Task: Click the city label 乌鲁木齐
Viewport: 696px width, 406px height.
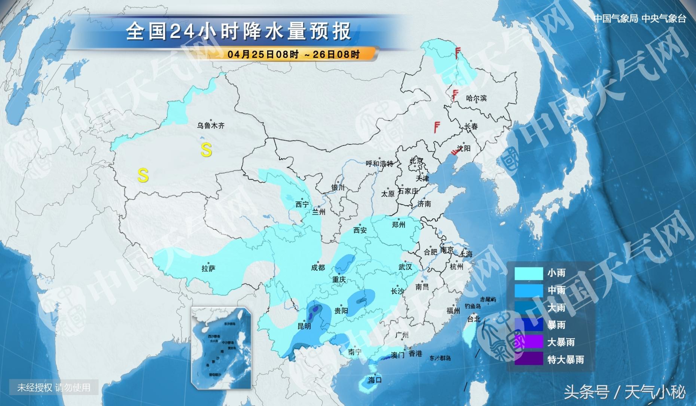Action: tap(211, 126)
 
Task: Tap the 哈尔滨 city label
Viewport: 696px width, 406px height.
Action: tap(476, 98)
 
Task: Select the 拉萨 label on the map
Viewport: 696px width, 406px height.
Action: tap(208, 268)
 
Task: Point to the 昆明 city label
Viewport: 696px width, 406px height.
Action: tap(304, 326)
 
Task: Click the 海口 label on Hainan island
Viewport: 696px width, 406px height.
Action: tap(374, 380)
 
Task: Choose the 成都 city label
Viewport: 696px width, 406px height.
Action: tap(318, 268)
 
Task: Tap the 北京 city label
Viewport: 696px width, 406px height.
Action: tap(416, 161)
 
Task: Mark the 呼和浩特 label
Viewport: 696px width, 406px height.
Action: tap(379, 164)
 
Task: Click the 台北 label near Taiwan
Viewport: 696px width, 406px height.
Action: tap(473, 319)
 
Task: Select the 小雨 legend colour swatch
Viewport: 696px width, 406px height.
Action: tap(528, 273)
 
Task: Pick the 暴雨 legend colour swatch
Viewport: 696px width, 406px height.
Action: tap(528, 325)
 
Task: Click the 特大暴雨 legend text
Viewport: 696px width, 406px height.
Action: tap(565, 360)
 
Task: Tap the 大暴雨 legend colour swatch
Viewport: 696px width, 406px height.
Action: tap(528, 342)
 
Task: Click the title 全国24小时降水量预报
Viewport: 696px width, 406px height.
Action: tap(238, 31)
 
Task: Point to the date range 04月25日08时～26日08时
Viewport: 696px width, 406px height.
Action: tap(293, 54)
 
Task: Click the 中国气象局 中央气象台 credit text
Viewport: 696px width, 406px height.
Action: tap(640, 18)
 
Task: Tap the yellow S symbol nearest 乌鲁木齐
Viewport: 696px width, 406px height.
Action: tap(206, 150)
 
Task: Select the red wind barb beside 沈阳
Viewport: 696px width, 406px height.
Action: tap(455, 151)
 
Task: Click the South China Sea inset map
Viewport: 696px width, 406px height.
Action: tap(221, 348)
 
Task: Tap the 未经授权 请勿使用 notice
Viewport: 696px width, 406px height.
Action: tap(54, 387)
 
